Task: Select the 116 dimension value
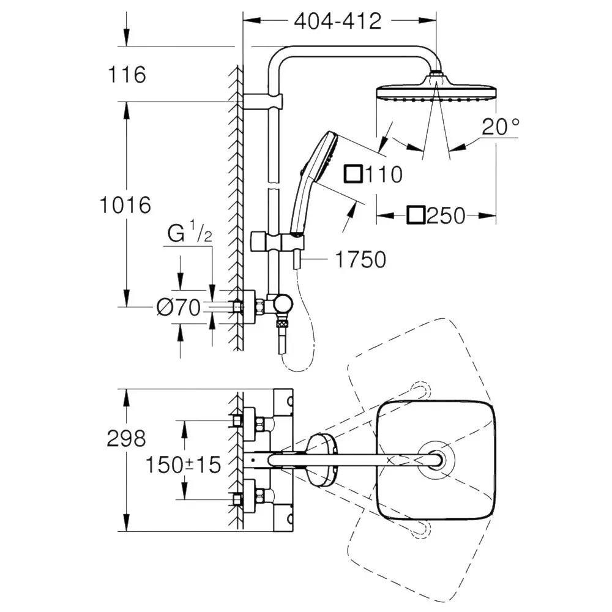click(x=127, y=74)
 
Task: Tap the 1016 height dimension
click(x=125, y=205)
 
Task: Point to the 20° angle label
click(x=501, y=126)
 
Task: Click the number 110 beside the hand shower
click(x=383, y=174)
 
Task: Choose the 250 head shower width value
click(x=446, y=215)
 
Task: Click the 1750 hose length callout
click(x=360, y=259)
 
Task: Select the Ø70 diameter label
click(x=178, y=307)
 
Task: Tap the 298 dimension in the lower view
click(x=127, y=438)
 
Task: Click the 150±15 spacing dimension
click(x=183, y=465)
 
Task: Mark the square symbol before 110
click(x=353, y=174)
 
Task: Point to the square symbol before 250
click(x=416, y=215)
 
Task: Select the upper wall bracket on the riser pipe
click(x=263, y=101)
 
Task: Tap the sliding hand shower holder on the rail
click(x=277, y=242)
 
